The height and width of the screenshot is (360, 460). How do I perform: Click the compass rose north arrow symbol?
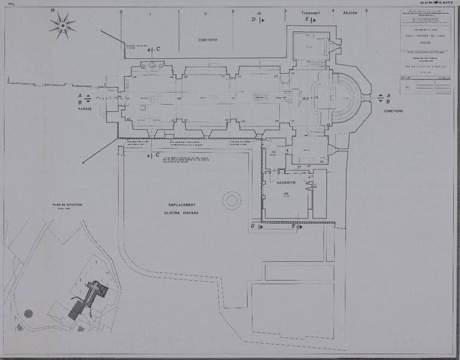click(x=62, y=25)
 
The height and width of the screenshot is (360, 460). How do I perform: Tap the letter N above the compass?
click(x=53, y=11)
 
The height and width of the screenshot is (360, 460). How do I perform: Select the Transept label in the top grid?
click(x=311, y=11)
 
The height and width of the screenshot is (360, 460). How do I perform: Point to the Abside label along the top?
click(x=350, y=11)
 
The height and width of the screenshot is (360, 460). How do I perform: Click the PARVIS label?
click(x=84, y=110)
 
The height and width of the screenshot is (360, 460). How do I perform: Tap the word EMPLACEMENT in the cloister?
click(x=181, y=205)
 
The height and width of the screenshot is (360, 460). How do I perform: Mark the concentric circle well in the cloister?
click(x=232, y=200)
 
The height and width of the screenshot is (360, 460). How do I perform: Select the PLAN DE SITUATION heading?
click(x=67, y=205)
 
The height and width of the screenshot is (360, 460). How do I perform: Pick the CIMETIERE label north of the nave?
click(x=208, y=40)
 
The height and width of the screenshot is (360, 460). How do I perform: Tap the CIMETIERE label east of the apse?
click(x=395, y=111)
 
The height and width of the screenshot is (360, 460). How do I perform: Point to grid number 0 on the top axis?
click(x=121, y=11)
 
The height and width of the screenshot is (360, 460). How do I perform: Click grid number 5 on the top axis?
click(x=366, y=11)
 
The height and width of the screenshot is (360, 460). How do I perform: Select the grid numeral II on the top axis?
click(x=205, y=13)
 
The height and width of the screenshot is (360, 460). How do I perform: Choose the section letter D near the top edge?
click(x=253, y=20)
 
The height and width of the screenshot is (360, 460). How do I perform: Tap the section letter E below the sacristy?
click(x=294, y=226)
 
